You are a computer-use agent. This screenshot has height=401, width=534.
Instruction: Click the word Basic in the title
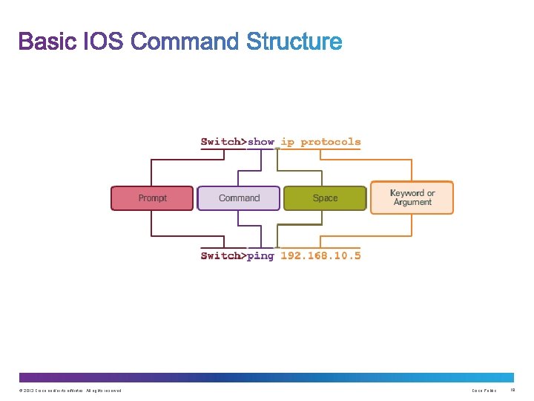coord(48,42)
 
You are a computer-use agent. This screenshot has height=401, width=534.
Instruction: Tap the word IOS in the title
coord(105,42)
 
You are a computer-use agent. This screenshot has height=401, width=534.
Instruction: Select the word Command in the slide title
coord(185,42)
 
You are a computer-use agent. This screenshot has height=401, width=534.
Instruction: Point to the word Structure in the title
coord(294,42)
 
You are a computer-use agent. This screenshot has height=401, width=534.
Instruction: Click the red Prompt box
coord(152,198)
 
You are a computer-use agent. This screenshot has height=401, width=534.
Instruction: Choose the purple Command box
coord(239,198)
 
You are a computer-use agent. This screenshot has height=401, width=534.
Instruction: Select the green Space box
coord(325,198)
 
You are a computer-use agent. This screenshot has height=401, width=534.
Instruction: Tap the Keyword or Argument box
coord(412,198)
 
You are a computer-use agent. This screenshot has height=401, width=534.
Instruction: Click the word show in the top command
coord(261,141)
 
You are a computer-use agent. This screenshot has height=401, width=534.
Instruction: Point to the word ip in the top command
coord(288,141)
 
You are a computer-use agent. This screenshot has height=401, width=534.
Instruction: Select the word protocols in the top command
coord(331,141)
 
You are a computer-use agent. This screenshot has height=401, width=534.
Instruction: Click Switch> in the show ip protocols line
coord(223,141)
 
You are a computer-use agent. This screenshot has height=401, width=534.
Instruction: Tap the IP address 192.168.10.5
coord(320,255)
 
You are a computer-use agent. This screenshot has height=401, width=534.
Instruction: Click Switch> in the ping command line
coord(223,255)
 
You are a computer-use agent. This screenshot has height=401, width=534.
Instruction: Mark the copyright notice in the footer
coord(67,391)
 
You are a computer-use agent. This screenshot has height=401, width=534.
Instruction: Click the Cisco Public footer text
coord(484,391)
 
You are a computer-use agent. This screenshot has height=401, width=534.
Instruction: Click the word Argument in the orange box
coord(412,202)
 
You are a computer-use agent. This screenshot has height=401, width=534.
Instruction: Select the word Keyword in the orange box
coord(407,193)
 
